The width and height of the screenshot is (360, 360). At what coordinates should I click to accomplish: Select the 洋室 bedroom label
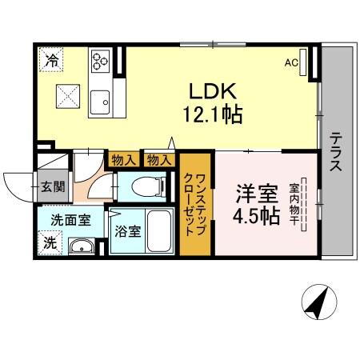[257, 194]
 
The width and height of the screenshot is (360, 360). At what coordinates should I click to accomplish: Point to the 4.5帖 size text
[257, 217]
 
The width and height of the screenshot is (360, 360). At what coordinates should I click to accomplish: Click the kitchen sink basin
[100, 102]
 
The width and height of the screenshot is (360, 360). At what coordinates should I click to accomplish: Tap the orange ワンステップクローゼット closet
[195, 204]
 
